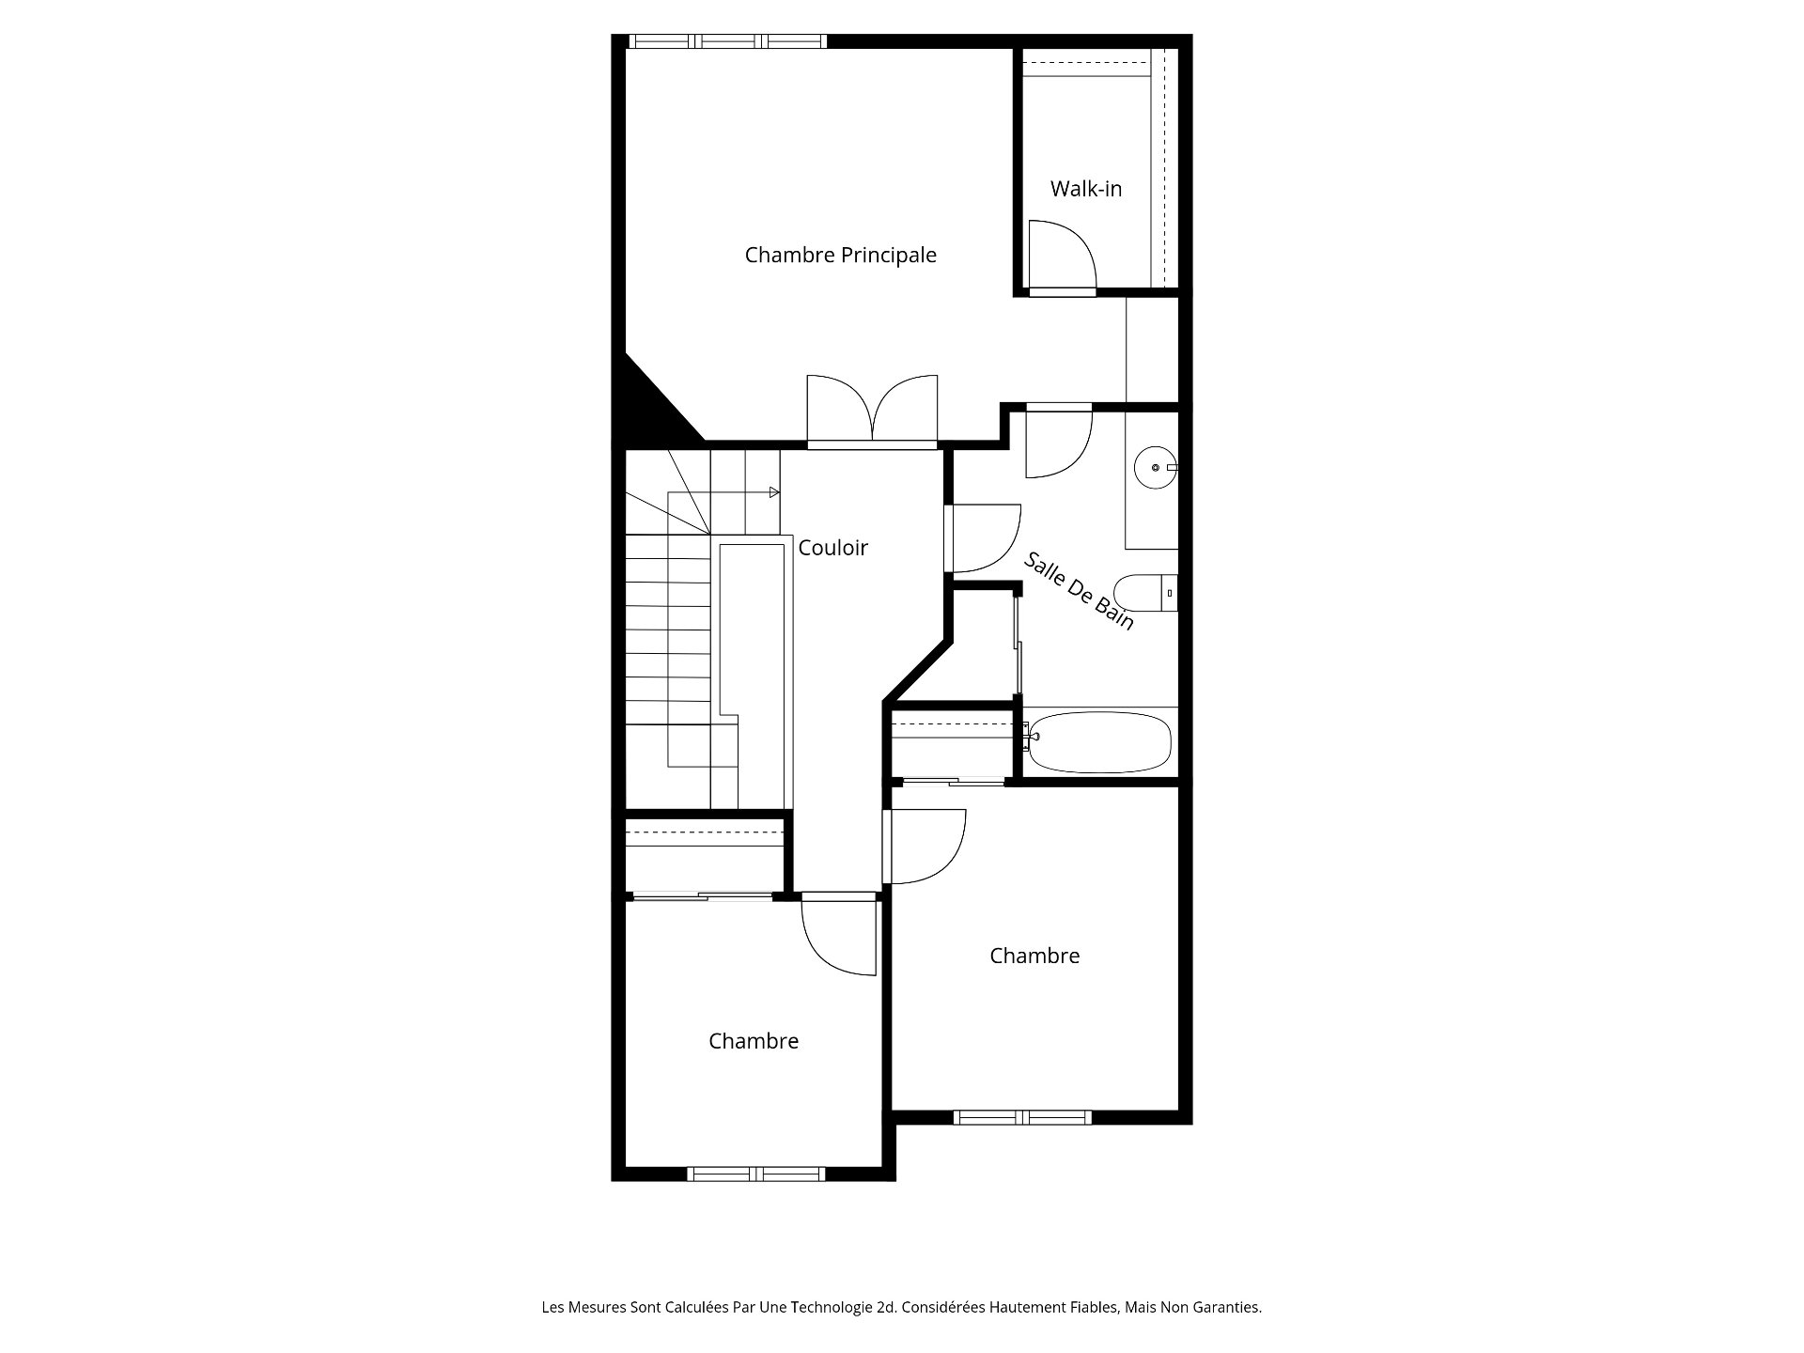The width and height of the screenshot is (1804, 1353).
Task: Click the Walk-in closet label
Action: tap(1086, 189)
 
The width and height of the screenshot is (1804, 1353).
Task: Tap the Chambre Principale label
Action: tap(840, 255)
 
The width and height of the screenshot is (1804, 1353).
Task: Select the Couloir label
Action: tap(832, 548)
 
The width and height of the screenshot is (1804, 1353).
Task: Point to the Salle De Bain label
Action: tap(1079, 590)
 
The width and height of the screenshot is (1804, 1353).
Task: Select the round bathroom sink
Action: tap(1156, 467)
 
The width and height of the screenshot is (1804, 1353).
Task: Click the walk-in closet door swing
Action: tap(1063, 255)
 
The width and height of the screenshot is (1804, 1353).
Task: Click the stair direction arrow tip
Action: tap(779, 492)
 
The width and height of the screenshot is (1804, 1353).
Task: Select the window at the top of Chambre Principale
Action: tap(727, 41)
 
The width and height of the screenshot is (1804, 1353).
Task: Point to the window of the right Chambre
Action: tap(1022, 1117)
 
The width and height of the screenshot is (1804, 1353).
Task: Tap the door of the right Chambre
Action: tap(925, 848)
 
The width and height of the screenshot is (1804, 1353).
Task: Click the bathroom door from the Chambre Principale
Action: tap(1059, 442)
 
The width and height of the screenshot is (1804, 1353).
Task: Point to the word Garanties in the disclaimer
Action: tap(1229, 1307)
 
